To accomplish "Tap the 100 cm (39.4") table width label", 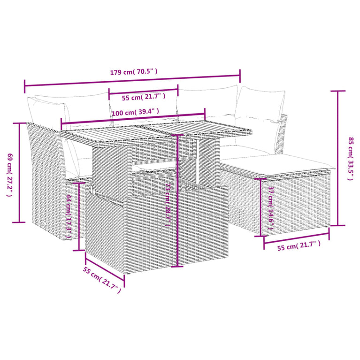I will [136, 113].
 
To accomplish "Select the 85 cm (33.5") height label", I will [351, 158].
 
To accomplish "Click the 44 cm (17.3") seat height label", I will [69, 216].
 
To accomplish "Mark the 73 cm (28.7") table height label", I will [168, 205].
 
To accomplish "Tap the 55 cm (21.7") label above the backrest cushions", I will [144, 97].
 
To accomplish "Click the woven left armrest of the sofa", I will [45, 178].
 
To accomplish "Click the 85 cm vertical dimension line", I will [337, 158].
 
